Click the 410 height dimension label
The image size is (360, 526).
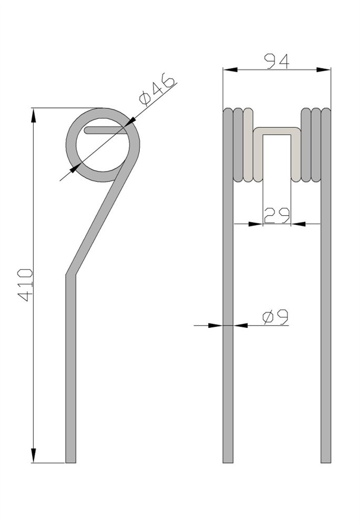point(25,285)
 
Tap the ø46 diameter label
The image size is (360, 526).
point(157,89)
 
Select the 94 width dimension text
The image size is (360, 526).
point(276,62)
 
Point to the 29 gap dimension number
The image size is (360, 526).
point(277,215)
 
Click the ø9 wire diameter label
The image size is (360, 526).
point(275,317)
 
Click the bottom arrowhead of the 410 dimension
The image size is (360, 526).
point(33,454)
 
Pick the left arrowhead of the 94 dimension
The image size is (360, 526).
point(231,69)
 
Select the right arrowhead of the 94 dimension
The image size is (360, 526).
point(323,69)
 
